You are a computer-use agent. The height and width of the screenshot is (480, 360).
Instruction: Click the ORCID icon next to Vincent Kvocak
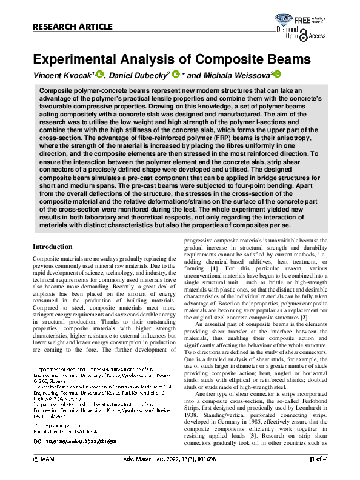tap(100, 74)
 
